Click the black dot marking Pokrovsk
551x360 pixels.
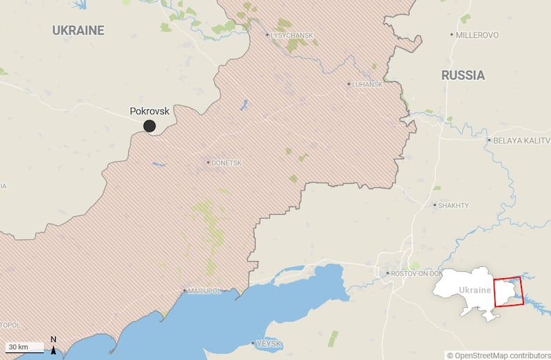click(x=149, y=126)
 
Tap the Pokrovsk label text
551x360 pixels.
click(x=149, y=111)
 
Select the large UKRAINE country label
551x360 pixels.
click(x=79, y=30)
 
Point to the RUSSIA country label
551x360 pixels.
click(x=463, y=75)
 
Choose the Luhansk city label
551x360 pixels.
click(x=367, y=85)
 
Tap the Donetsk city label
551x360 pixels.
click(x=227, y=163)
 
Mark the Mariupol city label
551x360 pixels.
click(x=205, y=291)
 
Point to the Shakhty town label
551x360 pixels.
click(x=454, y=205)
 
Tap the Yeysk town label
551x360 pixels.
click(x=269, y=343)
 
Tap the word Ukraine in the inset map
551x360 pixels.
click(x=475, y=290)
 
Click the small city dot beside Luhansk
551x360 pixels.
click(x=349, y=84)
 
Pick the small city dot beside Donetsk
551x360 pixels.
click(x=208, y=163)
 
